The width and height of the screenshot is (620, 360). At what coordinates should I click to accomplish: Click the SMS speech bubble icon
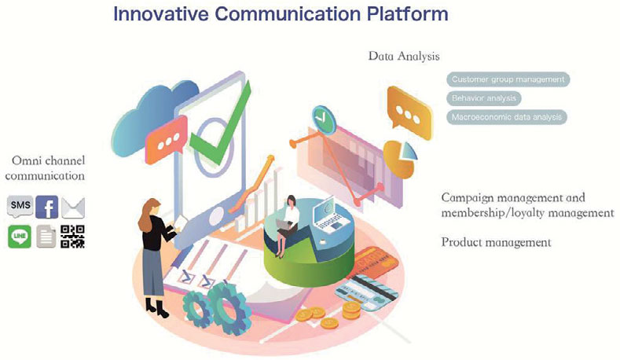(x=20, y=207)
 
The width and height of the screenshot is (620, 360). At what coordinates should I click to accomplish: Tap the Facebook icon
(x=47, y=207)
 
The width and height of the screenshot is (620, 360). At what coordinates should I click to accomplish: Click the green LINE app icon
(x=20, y=237)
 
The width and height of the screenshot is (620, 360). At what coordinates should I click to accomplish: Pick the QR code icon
(x=73, y=237)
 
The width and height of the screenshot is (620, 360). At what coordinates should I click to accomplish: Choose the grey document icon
(x=46, y=237)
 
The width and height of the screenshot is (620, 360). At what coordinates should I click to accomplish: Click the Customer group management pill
(x=508, y=79)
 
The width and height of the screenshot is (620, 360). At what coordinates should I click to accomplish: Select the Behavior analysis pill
(x=484, y=98)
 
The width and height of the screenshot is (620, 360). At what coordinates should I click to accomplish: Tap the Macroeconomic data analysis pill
(x=507, y=117)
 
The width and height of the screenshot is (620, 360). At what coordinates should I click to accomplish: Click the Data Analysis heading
(x=404, y=56)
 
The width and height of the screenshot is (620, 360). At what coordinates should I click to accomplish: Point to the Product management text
(x=496, y=242)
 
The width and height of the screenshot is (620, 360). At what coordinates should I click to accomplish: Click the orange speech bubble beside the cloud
(x=167, y=140)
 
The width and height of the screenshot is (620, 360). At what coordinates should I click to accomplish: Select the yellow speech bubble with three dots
(x=409, y=112)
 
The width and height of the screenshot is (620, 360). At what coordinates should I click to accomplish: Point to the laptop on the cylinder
(x=332, y=216)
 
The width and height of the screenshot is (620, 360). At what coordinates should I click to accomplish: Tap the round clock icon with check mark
(x=323, y=118)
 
